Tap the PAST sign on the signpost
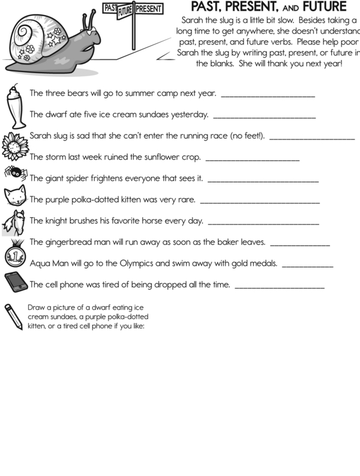tap(110, 8)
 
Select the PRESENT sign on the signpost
tap(149, 9)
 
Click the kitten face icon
tap(15, 195)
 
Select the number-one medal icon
tap(14, 255)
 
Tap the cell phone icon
tap(14, 282)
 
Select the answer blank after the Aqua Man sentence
tap(307, 265)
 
